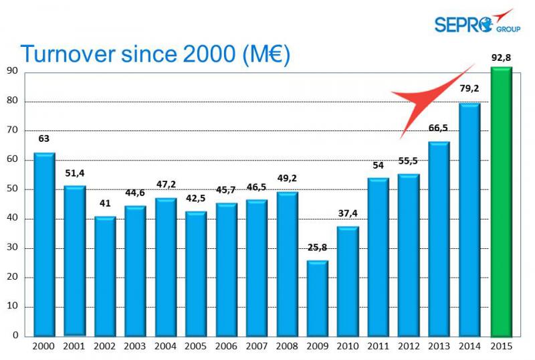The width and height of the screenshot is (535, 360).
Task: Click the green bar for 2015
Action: [501, 201]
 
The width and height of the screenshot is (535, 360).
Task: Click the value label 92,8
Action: [501, 58]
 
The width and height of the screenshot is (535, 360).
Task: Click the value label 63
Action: [44, 139]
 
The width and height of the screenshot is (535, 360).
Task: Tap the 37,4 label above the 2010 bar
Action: [347, 213]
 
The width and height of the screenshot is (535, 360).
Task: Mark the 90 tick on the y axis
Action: [12, 72]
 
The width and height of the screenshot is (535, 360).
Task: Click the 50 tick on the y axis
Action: [12, 189]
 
